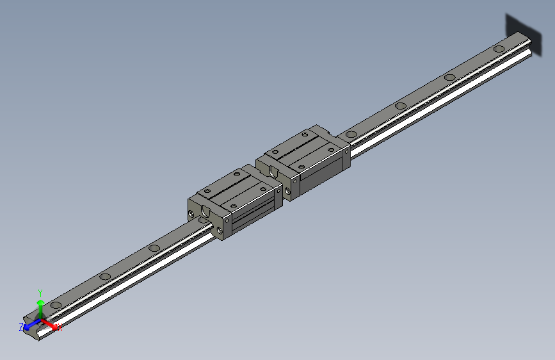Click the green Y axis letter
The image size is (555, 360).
click(40, 291)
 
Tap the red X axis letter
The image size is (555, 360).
click(60, 329)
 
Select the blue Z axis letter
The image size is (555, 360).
click(21, 327)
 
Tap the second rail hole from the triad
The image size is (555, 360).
click(104, 277)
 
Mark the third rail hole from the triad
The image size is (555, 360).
click(154, 248)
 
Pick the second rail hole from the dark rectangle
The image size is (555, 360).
click(450, 78)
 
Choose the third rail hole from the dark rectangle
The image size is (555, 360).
click(401, 106)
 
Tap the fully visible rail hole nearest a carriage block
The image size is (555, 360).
click(350, 135)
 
